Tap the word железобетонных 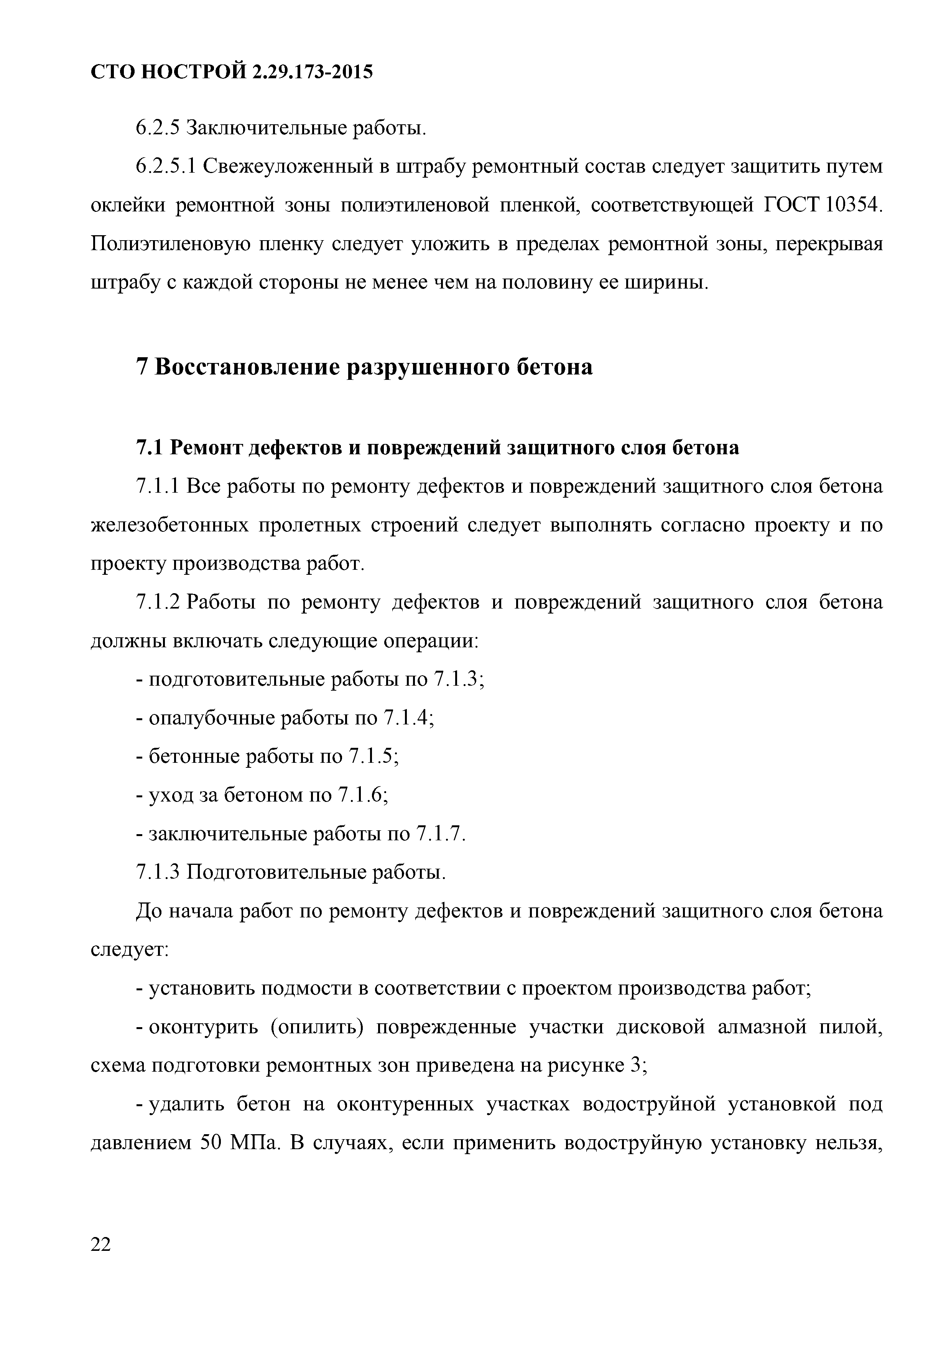click(169, 526)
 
